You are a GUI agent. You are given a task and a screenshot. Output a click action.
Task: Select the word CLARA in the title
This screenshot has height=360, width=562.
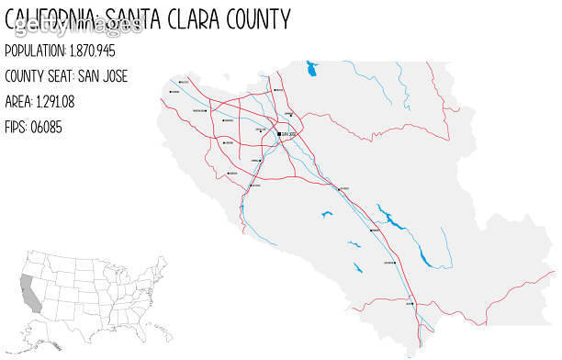tap(205, 18)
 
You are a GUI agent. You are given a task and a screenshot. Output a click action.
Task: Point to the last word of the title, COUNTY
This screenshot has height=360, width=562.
tap(264, 18)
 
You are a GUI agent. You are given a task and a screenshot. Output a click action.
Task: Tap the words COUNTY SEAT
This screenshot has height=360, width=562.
tap(41, 75)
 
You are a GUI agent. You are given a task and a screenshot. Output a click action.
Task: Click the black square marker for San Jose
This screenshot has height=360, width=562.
tap(279, 135)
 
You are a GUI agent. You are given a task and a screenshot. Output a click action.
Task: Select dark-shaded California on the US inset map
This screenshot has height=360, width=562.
tap(30, 292)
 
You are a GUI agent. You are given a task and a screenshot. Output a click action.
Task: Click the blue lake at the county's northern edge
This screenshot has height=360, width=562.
tap(311, 68)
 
